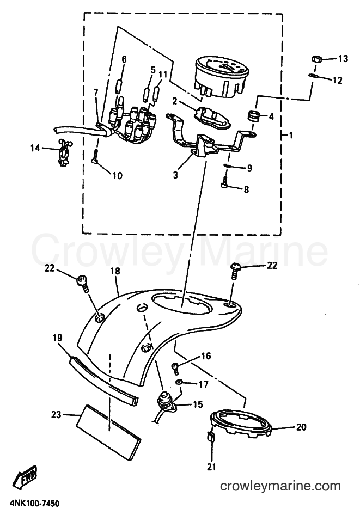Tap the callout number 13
[x=343, y=59]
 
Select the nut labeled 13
[x=316, y=59]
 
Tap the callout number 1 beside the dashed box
[x=291, y=134]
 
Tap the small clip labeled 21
[x=211, y=437]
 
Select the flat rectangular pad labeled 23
[x=109, y=432]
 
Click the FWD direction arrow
[x=25, y=477]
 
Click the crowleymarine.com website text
[x=280, y=486]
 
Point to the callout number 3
[x=175, y=175]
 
